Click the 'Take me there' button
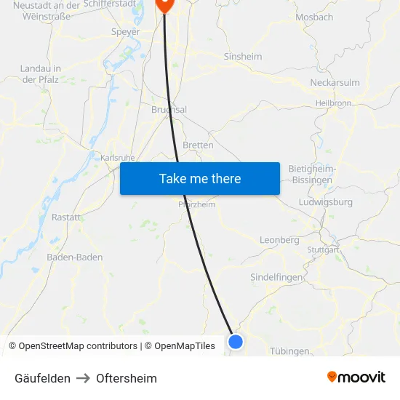coord(199,178)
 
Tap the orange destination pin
coord(164,4)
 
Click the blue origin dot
coord(236,341)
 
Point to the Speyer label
coord(125,31)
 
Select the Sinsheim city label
coord(243,56)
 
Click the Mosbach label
coord(314,17)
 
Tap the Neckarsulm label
coord(335,82)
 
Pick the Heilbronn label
coord(334,103)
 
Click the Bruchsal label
coord(169,110)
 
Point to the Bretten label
coord(198,145)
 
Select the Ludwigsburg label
coord(326,201)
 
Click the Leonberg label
coord(279,240)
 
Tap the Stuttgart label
coord(323,249)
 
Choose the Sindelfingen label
coord(276,277)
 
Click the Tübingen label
coord(289,351)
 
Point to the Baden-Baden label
coord(75,257)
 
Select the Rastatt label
coord(66,217)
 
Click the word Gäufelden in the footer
coord(42,378)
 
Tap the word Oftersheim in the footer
coord(127,378)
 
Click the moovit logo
coord(356,377)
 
